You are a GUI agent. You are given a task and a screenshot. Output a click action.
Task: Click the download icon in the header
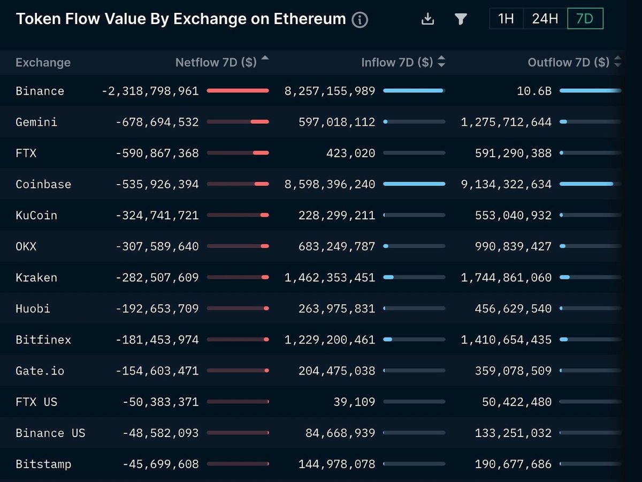click(427, 19)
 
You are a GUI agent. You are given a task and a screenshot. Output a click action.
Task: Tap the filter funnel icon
click(461, 19)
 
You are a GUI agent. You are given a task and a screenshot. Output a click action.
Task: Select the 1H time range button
click(506, 19)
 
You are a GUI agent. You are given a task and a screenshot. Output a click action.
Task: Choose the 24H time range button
click(545, 19)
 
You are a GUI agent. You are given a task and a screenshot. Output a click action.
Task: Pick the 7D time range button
click(585, 19)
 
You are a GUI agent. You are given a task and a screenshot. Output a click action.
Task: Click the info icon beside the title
click(360, 20)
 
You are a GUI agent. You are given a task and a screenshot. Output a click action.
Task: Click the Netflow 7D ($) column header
click(216, 62)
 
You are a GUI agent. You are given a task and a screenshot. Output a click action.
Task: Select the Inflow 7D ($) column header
click(397, 62)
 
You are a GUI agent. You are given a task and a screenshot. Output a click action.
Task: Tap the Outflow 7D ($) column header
click(568, 62)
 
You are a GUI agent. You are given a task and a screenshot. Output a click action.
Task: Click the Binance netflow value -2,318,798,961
click(150, 91)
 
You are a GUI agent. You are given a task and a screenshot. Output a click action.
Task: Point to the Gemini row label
click(36, 122)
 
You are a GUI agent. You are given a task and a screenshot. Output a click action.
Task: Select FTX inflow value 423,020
click(350, 153)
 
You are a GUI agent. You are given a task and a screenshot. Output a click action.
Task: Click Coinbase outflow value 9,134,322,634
click(506, 184)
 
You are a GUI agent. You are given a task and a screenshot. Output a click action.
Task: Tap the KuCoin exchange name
click(36, 215)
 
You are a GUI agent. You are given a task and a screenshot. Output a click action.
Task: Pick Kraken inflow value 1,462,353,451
click(330, 277)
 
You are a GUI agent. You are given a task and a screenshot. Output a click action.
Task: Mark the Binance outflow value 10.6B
click(534, 91)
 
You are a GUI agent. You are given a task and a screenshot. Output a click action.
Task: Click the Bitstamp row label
click(43, 464)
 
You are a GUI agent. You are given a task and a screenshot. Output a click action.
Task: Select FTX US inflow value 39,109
click(354, 402)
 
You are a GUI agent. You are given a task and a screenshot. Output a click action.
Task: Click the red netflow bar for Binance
click(238, 91)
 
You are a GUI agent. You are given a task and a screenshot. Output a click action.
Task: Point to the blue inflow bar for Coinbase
click(414, 184)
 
